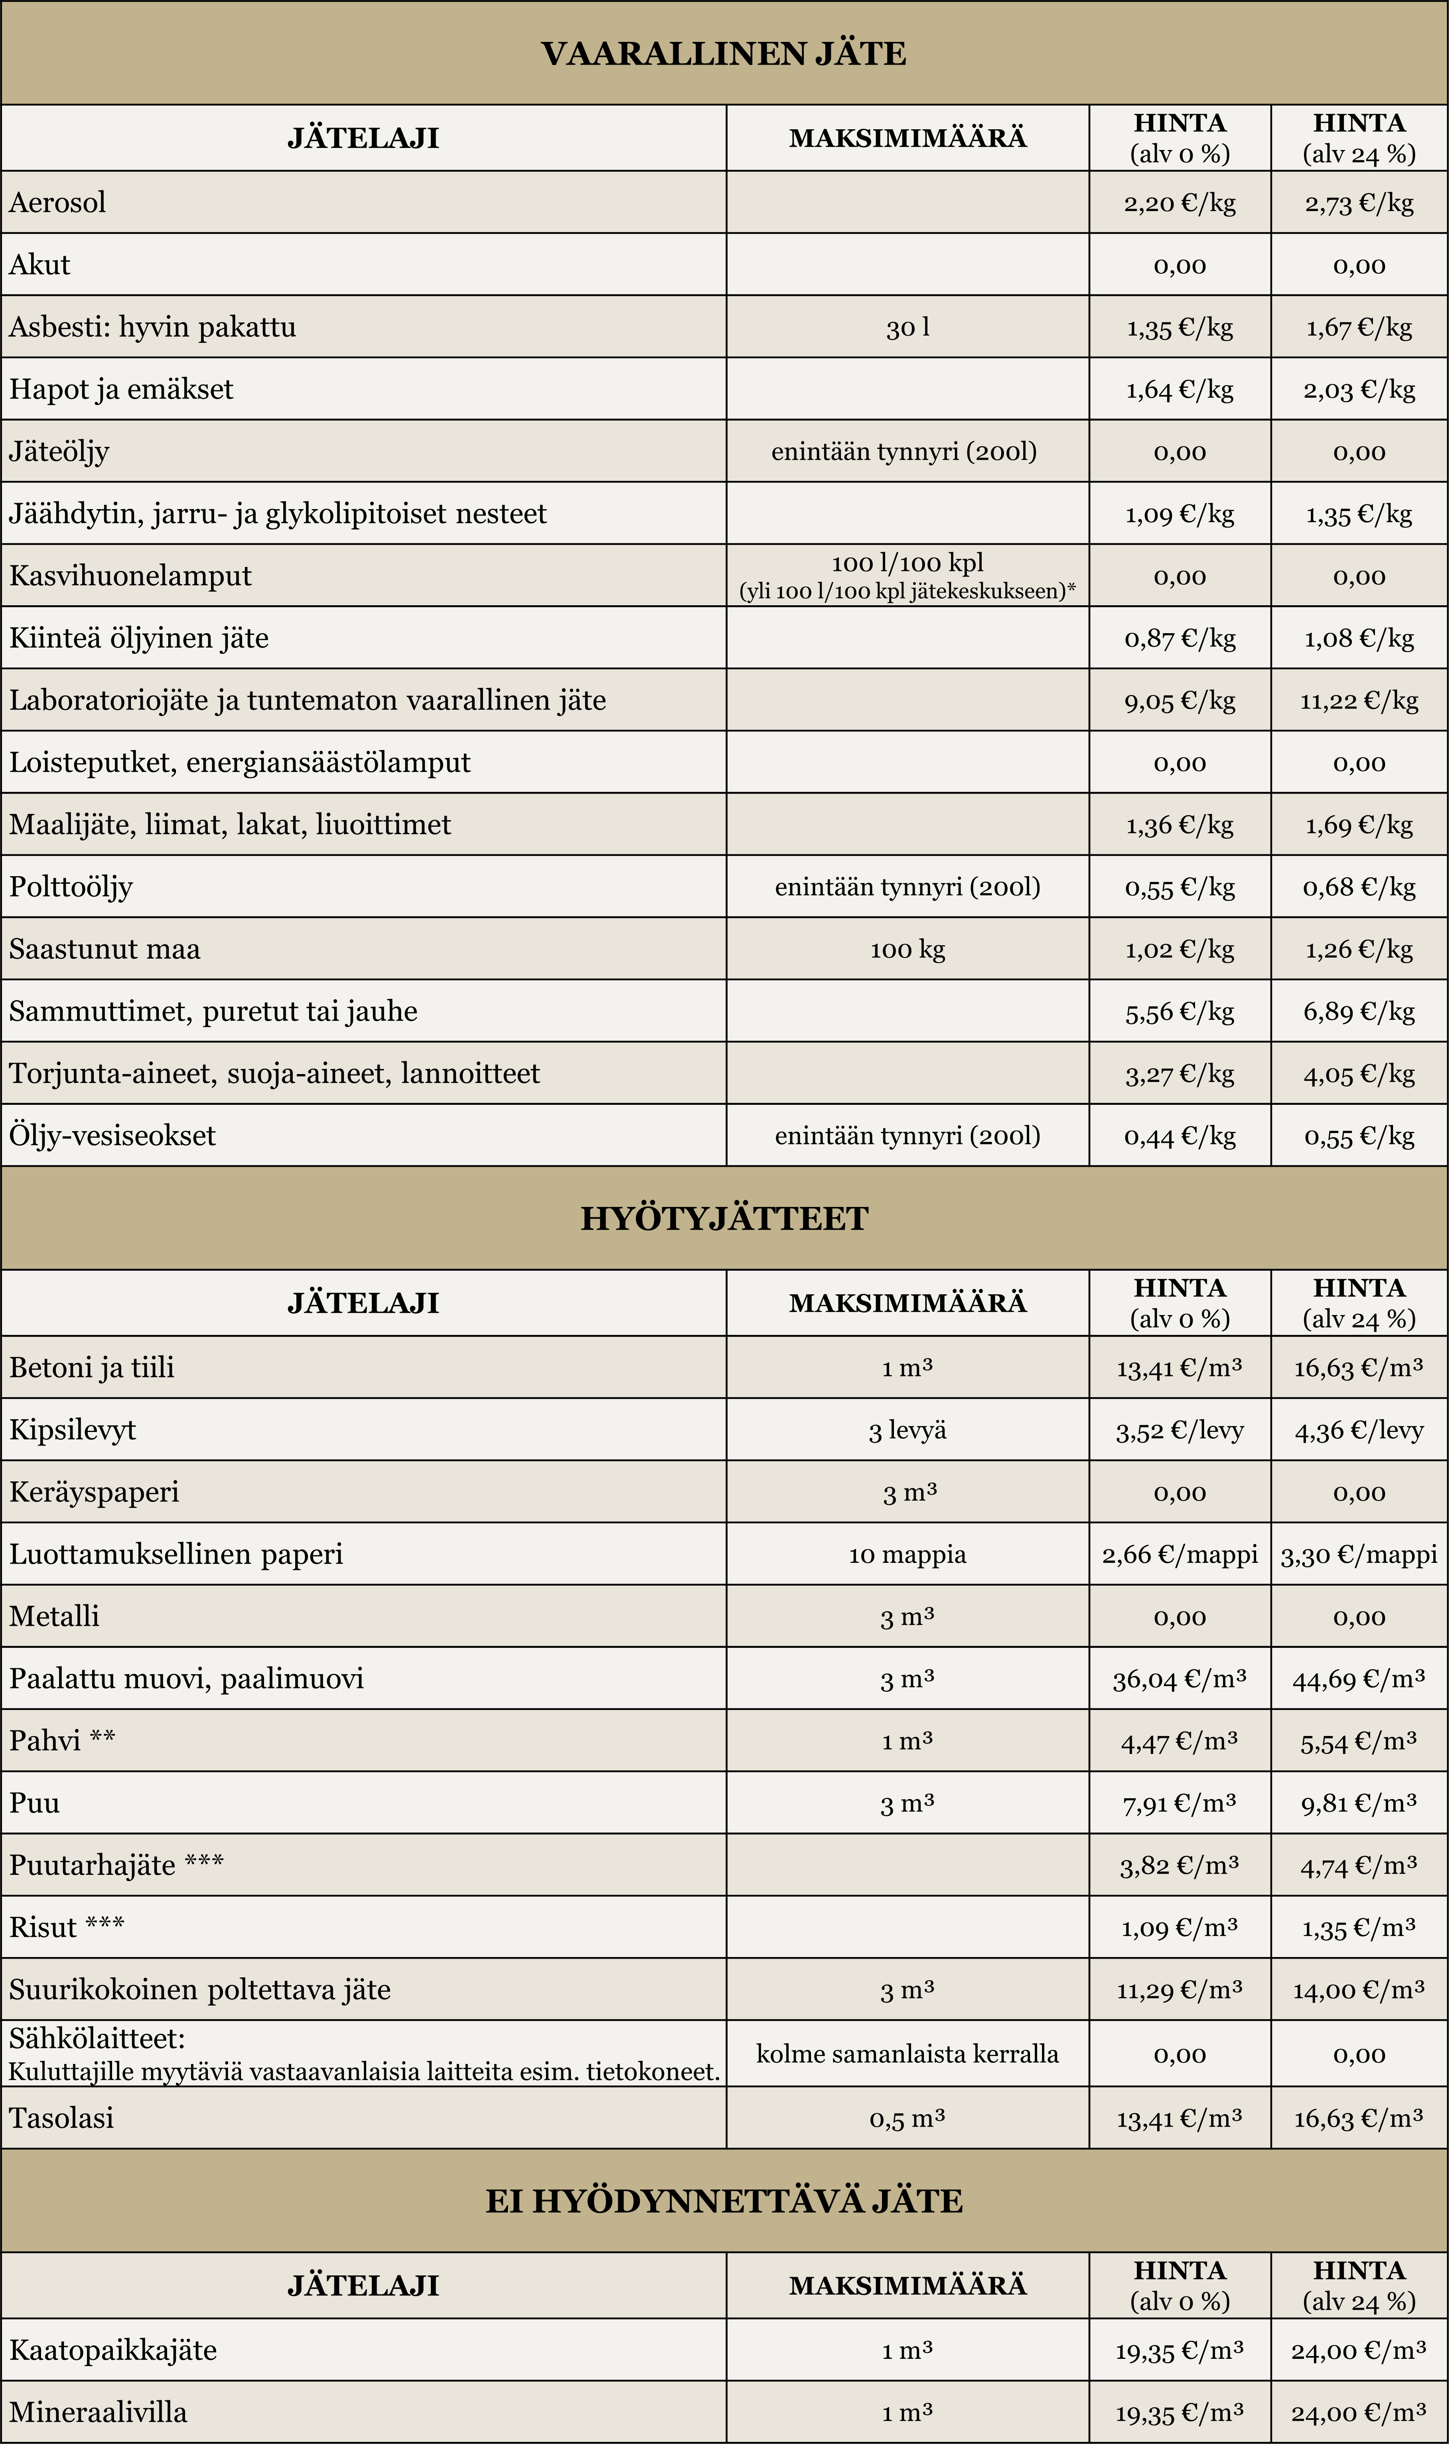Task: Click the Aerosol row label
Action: (58, 202)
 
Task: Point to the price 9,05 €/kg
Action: (1179, 701)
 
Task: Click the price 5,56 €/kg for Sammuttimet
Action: (1179, 1011)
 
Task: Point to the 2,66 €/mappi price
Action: (1179, 1554)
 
